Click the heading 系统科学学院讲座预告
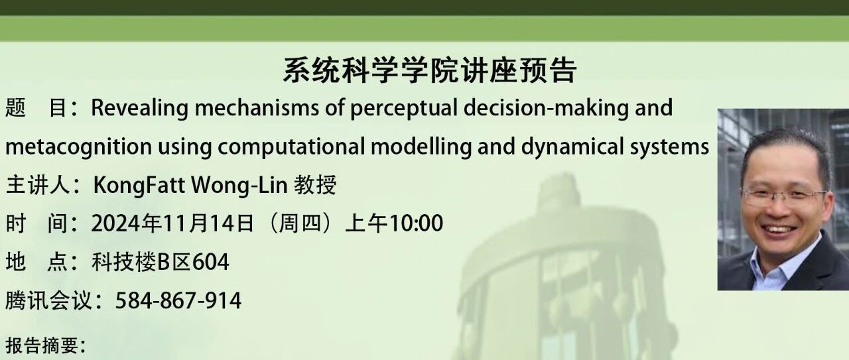point(430,70)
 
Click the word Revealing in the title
point(139,108)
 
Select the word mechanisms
point(257,107)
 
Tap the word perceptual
point(404,109)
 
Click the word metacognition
point(79,147)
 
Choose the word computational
point(291,147)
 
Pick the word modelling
point(421,147)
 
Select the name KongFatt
point(139,186)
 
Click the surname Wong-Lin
point(239,186)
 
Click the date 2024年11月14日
point(172,223)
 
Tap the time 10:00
point(417,223)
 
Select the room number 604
point(211,263)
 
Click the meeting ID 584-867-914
point(178,301)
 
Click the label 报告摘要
point(42,345)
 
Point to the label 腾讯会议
point(48,301)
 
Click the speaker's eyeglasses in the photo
point(784,198)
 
